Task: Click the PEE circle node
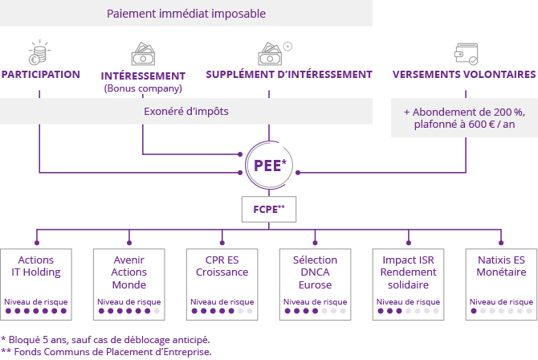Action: coord(268,165)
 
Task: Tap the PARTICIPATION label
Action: coord(41,75)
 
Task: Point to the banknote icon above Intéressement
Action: coord(143,54)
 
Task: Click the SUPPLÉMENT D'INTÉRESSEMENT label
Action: coord(289,75)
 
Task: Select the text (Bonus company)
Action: coord(143,88)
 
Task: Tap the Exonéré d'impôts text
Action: coord(185,111)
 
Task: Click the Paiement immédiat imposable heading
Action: coord(185,14)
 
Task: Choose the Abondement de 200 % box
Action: coord(464,118)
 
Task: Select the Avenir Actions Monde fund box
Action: coord(129,281)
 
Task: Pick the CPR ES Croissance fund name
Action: coord(222,266)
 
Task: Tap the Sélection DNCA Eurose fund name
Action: coord(315,272)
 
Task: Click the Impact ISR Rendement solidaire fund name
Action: coord(408,272)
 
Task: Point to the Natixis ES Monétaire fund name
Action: coord(501,266)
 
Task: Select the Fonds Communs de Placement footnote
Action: coord(107,351)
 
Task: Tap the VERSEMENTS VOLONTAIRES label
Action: coord(464,75)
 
